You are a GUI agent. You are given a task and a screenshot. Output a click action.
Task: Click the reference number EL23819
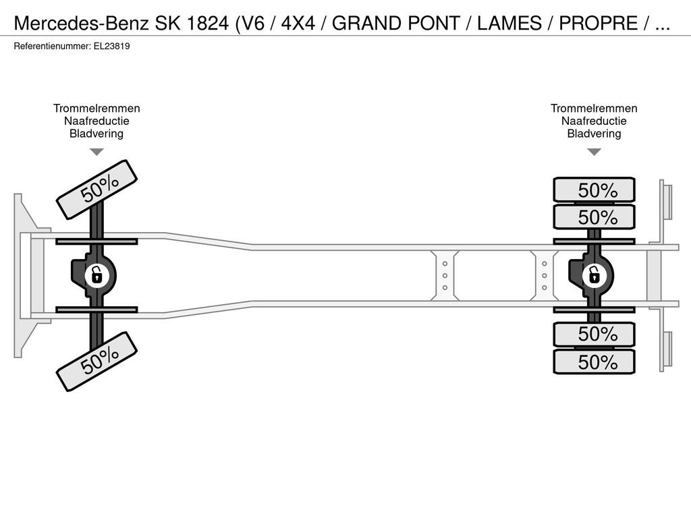pos(111,47)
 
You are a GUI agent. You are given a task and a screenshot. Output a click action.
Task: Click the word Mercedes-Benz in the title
pos(82,23)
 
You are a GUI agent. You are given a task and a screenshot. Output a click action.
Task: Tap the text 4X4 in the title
pos(298,23)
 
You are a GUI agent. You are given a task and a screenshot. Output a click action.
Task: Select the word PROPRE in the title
pos(598,23)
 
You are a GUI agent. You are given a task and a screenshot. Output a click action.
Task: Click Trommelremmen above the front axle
pos(96,109)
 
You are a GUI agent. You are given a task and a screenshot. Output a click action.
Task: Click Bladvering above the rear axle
pos(594,134)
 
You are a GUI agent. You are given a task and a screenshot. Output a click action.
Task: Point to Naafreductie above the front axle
pos(96,121)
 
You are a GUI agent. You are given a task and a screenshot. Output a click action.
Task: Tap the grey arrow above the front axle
pos(96,152)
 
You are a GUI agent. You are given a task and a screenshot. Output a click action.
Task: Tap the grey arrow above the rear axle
pos(594,152)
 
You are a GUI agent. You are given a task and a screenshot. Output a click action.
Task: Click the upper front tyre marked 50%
pos(97,190)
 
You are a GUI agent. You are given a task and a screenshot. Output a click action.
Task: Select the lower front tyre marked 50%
pos(97,362)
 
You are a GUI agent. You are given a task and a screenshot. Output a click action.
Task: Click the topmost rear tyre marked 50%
pos(594,190)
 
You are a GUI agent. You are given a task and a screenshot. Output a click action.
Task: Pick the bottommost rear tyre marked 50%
pos(594,362)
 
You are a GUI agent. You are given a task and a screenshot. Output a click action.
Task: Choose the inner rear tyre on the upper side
pos(594,217)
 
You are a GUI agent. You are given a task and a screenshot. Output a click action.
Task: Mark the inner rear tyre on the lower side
pos(594,335)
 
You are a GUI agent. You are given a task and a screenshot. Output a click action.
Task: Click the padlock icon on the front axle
pos(96,276)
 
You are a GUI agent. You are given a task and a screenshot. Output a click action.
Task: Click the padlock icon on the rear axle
pos(594,276)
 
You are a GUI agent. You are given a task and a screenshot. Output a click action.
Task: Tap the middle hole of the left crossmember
pos(445,276)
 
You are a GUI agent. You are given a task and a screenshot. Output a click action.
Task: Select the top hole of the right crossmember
pos(545,264)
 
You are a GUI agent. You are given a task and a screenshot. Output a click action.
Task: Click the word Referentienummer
pos(52,47)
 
